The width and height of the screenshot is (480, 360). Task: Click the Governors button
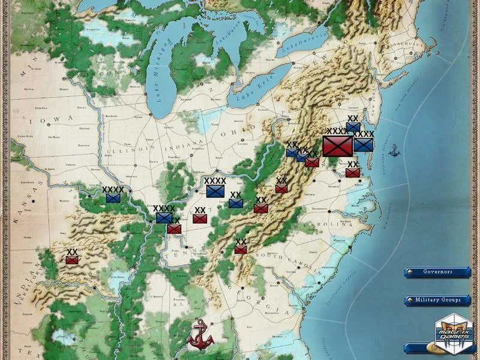point(437,272)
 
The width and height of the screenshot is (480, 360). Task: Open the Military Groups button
point(437,299)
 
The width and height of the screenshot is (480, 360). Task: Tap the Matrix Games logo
point(454,330)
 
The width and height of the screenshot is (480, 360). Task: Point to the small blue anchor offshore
point(394,151)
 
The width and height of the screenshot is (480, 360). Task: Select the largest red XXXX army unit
point(337,146)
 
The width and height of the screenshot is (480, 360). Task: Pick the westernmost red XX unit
point(72,260)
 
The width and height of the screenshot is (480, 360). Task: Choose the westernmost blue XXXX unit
point(113,197)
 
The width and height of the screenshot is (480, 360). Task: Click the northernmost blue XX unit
point(353,127)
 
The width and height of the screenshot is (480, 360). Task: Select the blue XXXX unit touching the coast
point(364,145)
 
